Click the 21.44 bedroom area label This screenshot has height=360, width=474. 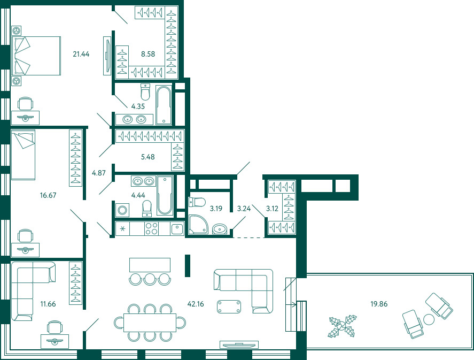click(x=81, y=54)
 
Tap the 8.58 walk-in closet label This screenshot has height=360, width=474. click(x=148, y=54)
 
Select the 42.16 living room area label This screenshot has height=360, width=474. click(x=196, y=304)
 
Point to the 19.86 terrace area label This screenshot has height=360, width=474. click(x=379, y=304)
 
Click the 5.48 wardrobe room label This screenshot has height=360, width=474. click(x=148, y=157)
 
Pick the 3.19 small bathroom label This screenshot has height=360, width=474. click(x=216, y=209)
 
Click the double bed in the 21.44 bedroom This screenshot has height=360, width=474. click(x=36, y=56)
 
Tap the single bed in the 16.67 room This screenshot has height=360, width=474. click(x=24, y=155)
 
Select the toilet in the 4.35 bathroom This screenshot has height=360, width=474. click(x=145, y=91)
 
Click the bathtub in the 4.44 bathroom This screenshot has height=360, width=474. click(x=165, y=196)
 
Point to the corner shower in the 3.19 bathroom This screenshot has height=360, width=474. click(x=198, y=225)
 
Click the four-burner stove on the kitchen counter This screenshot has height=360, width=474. click(x=151, y=229)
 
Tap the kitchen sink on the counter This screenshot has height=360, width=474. click(x=177, y=229)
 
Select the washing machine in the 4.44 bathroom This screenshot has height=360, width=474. click(x=122, y=210)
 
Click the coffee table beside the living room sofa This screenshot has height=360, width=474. click(x=229, y=307)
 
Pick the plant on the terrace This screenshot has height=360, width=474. click(x=342, y=326)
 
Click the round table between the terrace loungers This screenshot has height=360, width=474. click(x=429, y=319)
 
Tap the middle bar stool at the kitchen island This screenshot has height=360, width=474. click(x=150, y=279)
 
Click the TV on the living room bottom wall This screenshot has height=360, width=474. click(x=239, y=344)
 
